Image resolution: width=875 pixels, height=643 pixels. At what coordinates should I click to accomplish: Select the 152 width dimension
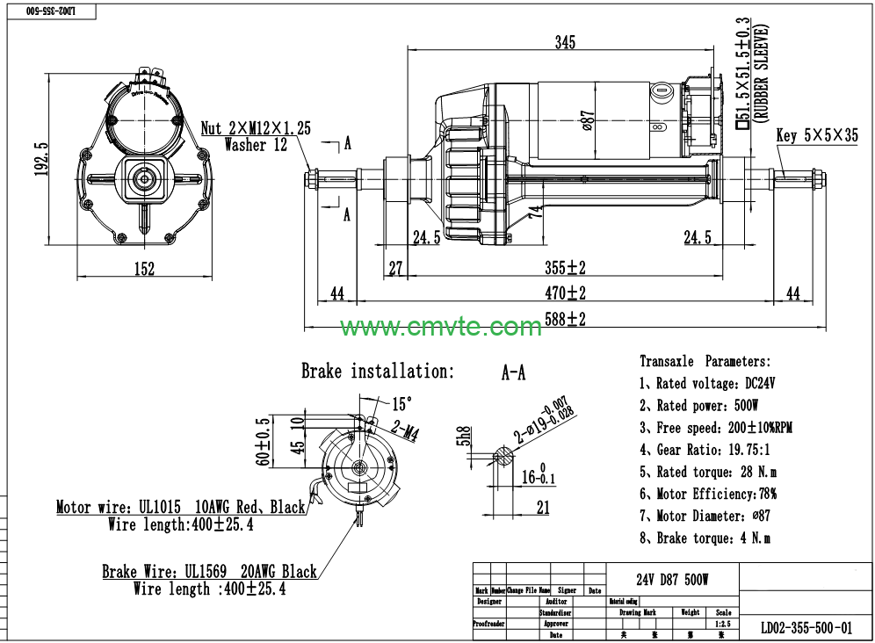tap(144, 270)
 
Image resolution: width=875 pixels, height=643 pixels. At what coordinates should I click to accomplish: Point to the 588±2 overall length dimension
tap(564, 320)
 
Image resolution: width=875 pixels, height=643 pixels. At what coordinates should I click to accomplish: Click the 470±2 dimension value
tap(564, 293)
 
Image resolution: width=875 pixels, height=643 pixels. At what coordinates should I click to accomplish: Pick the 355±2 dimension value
tap(564, 268)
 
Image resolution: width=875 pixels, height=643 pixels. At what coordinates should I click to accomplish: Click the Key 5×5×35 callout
tap(817, 136)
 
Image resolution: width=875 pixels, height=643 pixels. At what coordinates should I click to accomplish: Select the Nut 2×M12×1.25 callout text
tap(256, 128)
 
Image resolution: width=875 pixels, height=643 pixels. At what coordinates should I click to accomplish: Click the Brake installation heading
tap(378, 372)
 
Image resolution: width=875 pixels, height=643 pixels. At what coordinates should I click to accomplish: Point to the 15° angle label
tap(401, 404)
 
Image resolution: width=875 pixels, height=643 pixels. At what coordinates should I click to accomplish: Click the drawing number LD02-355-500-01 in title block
tap(806, 627)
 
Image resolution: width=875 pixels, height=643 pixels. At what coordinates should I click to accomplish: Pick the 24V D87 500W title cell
tap(672, 580)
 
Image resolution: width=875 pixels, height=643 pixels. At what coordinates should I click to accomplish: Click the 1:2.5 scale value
tap(723, 624)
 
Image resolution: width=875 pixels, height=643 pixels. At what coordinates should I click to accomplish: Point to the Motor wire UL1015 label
tap(180, 508)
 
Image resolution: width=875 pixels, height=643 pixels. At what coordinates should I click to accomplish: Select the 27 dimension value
tap(395, 268)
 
